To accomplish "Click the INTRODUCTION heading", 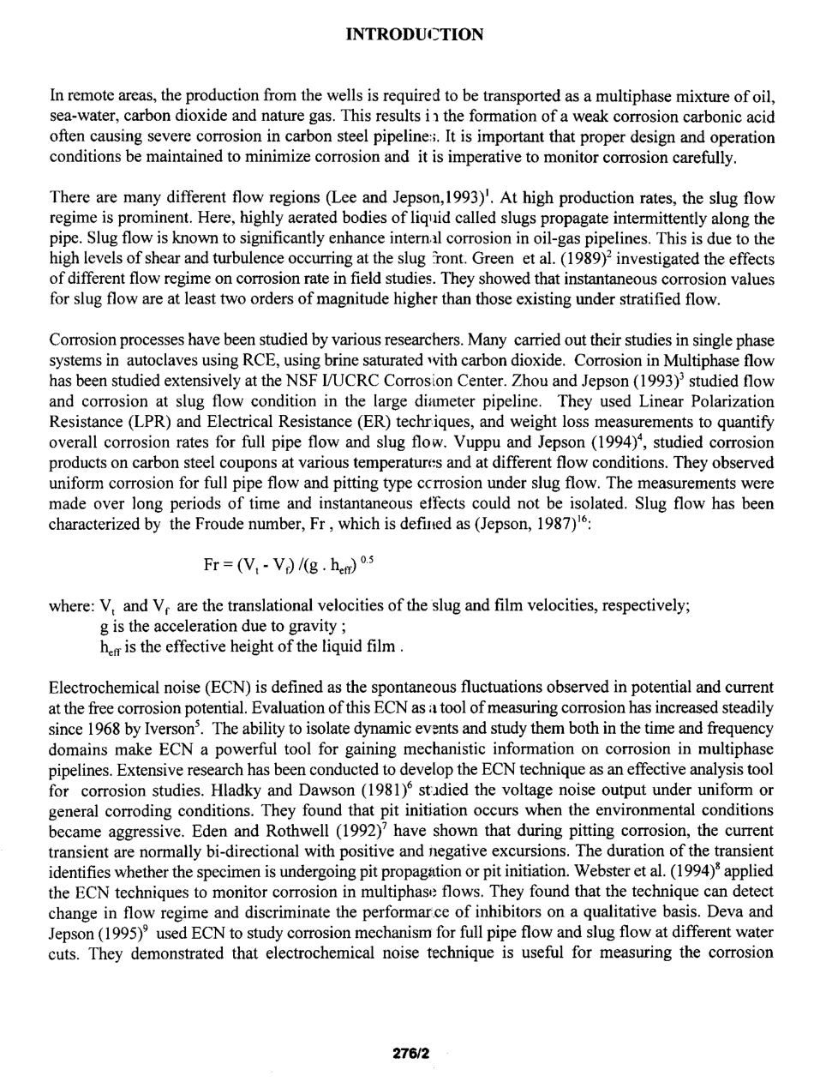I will click(x=414, y=35).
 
